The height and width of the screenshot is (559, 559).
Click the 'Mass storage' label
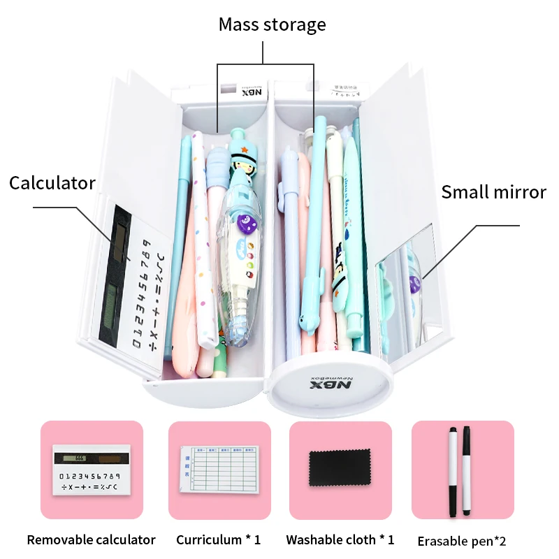(x=272, y=25)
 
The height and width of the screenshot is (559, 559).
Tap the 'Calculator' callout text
(x=52, y=183)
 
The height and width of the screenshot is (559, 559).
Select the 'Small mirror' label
(x=493, y=192)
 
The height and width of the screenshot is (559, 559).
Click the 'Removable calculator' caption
(x=91, y=539)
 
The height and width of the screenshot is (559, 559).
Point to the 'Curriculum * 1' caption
(x=218, y=539)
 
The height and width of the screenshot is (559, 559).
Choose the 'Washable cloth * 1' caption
(x=340, y=539)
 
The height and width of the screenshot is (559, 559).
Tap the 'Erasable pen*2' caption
(x=461, y=541)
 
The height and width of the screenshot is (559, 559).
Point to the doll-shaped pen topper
(x=242, y=159)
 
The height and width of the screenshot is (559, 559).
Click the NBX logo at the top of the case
(x=249, y=92)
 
